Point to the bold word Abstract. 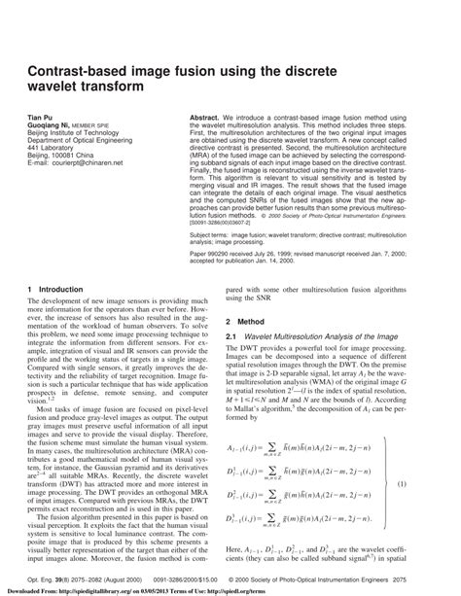182,116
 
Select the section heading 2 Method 247,321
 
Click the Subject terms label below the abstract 190,234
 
